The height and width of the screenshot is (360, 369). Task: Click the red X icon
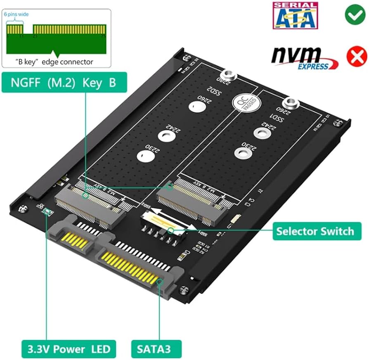(x=354, y=57)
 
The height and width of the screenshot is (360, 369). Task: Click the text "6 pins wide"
(x=17, y=14)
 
